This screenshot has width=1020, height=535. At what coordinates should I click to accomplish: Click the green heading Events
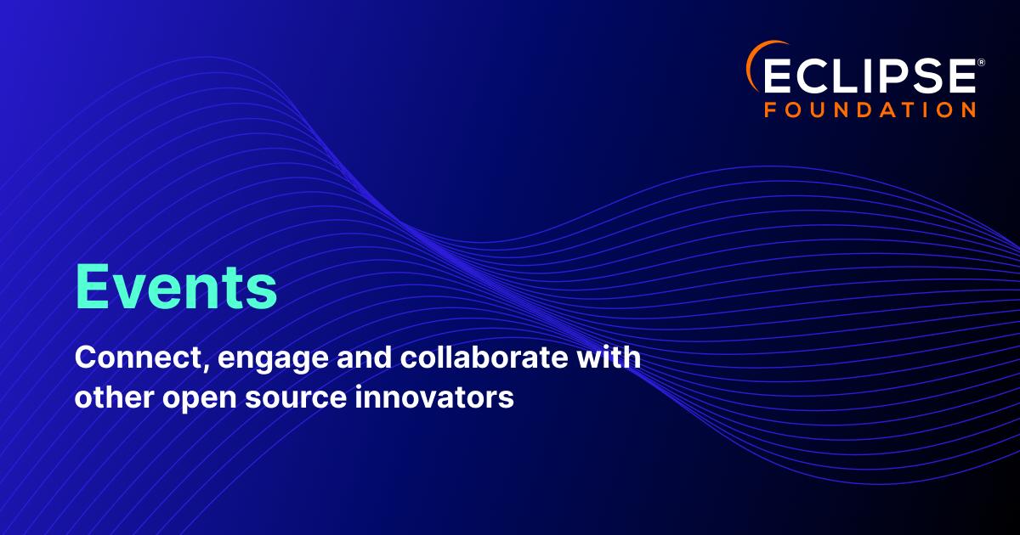(176, 288)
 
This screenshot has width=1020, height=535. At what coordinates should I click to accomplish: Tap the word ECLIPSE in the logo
(869, 76)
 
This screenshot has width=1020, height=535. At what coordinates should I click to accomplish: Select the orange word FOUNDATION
(870, 110)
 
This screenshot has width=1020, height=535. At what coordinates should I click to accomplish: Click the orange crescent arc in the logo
(756, 61)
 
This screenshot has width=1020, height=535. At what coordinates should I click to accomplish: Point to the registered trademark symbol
(981, 62)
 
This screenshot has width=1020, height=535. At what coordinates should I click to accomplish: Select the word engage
(273, 360)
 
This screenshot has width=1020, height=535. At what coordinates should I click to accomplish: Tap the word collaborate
(484, 358)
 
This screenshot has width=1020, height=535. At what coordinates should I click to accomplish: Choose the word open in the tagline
(200, 399)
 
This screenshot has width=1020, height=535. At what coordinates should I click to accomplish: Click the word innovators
(434, 397)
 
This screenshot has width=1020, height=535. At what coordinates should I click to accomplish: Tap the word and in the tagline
(364, 358)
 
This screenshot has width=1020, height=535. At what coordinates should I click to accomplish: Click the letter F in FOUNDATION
(769, 110)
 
